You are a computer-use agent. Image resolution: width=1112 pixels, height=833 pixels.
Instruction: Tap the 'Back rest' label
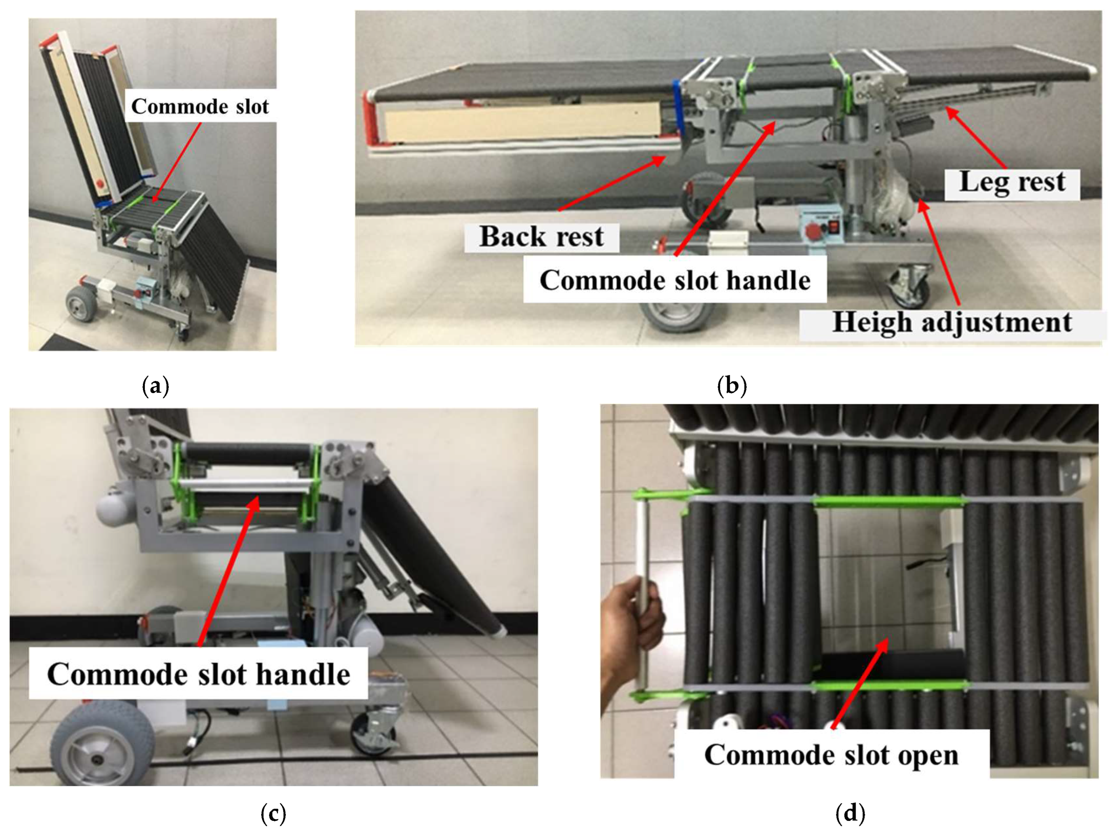(541, 236)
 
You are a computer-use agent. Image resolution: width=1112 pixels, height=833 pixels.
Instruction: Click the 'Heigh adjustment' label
(952, 322)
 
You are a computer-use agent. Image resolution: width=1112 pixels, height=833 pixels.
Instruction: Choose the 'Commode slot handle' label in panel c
(199, 674)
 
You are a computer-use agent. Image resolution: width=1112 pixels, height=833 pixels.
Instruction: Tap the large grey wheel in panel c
(103, 744)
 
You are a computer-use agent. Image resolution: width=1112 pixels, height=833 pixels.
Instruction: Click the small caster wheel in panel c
(375, 733)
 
